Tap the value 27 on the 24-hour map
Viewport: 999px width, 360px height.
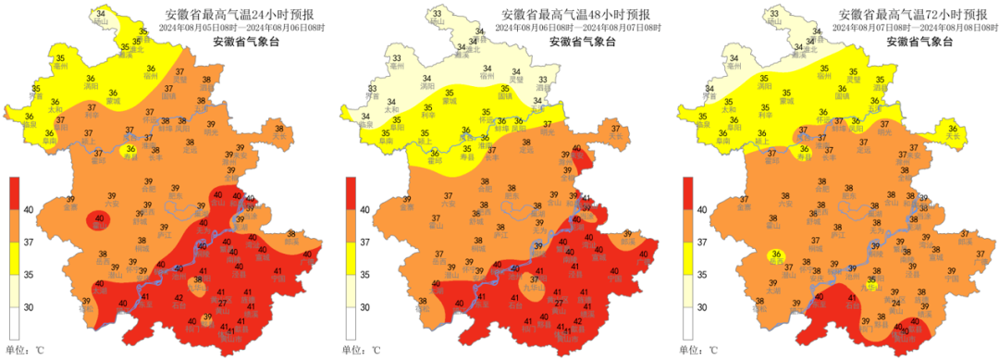222,304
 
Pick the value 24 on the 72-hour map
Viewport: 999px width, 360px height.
894,304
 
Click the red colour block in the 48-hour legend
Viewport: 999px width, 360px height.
351,194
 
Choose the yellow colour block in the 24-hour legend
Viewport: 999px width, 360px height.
15,259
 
